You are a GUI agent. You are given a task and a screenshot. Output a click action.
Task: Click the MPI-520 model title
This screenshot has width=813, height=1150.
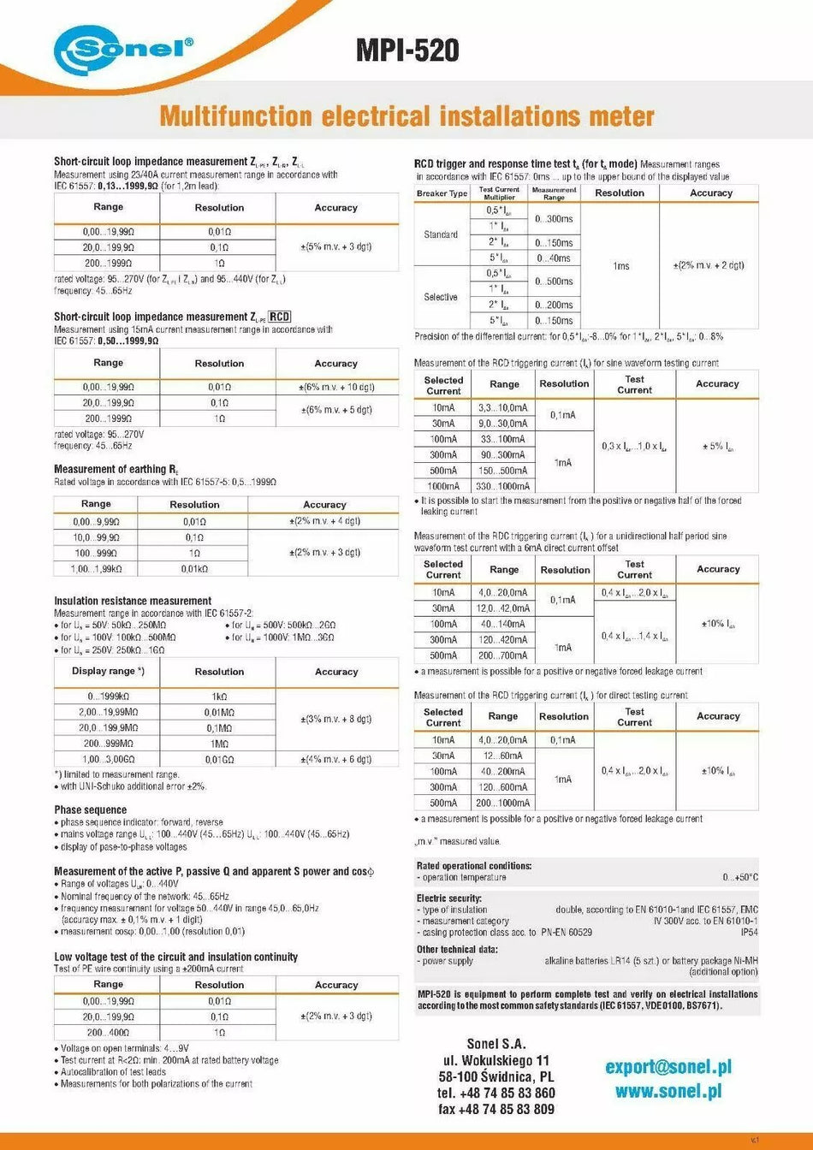pos(407,50)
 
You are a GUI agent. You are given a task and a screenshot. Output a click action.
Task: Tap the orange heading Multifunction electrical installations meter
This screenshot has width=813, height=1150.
pos(406,116)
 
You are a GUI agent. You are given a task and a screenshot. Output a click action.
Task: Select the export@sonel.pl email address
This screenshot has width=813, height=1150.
pos(668,1066)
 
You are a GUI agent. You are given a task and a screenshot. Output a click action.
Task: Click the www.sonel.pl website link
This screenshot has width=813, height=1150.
pos(668,1091)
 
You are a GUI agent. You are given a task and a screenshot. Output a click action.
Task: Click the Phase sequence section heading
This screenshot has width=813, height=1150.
pos(90,809)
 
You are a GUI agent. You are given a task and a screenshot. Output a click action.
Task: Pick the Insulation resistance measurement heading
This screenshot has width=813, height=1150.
pos(132,601)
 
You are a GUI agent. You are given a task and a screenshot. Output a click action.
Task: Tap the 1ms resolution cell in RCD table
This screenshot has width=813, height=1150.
pos(620,266)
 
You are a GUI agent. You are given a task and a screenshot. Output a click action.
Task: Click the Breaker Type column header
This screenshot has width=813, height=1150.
pos(442,193)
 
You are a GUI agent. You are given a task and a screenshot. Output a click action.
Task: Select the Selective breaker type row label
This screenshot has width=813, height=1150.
pos(441,297)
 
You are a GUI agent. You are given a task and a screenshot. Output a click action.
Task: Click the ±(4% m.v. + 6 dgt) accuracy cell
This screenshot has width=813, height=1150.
pos(335,759)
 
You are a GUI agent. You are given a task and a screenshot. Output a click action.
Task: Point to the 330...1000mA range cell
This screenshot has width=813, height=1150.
pos(503,486)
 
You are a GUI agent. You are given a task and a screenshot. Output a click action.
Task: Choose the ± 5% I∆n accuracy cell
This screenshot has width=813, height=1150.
pos(717,447)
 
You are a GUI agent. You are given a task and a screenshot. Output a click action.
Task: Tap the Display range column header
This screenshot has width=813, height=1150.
pos(107,672)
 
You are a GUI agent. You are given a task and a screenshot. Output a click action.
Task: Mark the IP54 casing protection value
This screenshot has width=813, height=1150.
pos(749,932)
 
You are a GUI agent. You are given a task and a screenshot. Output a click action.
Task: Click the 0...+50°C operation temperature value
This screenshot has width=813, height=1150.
pos(739,877)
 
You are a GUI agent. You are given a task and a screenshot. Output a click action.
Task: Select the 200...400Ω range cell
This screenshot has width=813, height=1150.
pos(107,1033)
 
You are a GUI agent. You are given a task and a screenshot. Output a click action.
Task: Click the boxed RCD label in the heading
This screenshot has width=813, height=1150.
pos(280,317)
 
